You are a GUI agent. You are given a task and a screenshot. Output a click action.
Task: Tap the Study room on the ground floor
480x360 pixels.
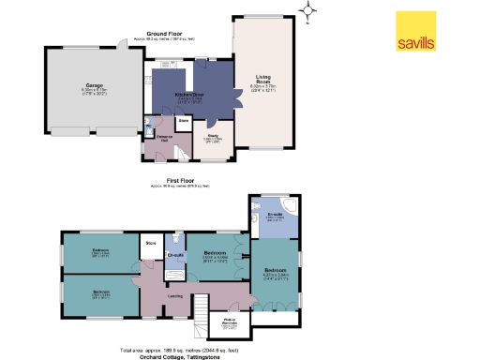pyautogui.click(x=214, y=139)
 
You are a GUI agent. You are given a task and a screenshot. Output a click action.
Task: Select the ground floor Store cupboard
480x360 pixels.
pyautogui.click(x=184, y=121)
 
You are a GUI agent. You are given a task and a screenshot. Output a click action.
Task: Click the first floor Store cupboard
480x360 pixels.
pyautogui.click(x=150, y=247)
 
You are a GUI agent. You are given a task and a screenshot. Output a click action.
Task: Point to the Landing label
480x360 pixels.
pyautogui.click(x=175, y=296)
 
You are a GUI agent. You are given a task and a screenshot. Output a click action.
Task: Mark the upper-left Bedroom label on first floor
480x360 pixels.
pyautogui.click(x=100, y=252)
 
